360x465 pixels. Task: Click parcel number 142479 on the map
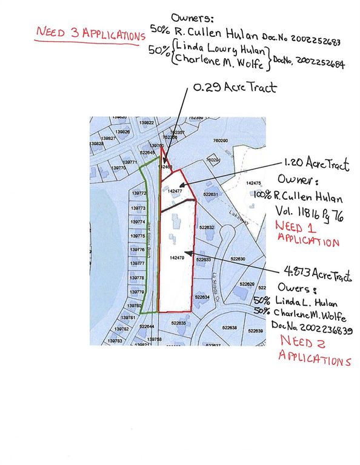coord(176,258)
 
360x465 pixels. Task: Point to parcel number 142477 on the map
coord(175,191)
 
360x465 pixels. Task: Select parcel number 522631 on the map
coord(210,195)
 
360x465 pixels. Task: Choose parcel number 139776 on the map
coord(138,249)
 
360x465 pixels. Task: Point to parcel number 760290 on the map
coord(220,141)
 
